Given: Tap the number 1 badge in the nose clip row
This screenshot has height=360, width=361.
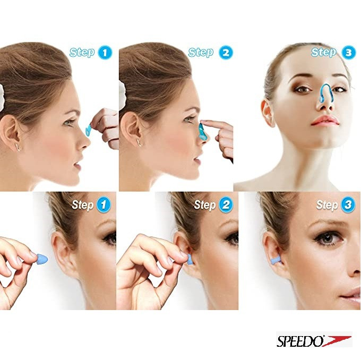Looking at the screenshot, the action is [105, 53].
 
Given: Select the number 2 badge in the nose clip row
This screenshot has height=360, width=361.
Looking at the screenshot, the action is [226, 53].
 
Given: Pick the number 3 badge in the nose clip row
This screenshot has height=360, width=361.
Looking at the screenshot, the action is [348, 53].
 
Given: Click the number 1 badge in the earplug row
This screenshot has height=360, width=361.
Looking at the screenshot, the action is [104, 205].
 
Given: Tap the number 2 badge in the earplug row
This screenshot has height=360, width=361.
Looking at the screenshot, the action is [226, 205].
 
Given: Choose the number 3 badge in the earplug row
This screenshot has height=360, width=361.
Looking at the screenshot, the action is [348, 205].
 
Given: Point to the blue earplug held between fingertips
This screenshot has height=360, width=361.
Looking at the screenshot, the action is [42, 259].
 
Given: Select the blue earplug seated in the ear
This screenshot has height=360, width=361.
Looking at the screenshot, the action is [276, 260].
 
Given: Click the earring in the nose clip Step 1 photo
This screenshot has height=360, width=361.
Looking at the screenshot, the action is [18, 147].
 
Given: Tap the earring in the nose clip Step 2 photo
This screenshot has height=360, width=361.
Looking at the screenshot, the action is [139, 142].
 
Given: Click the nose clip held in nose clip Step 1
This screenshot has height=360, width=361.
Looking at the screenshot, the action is [88, 131].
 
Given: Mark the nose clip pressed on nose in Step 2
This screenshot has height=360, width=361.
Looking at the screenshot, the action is [203, 132].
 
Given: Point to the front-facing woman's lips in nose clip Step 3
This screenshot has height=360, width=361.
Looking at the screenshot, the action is [325, 121].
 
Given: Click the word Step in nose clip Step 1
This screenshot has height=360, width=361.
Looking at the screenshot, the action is [82, 53].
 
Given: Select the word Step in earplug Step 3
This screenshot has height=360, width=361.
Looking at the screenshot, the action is [326, 205].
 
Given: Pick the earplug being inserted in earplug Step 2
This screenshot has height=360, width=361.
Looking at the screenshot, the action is [190, 259].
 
